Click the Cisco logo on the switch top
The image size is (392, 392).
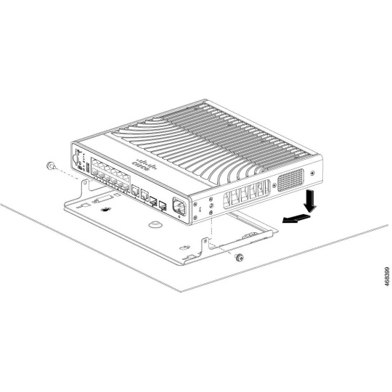point(144,164)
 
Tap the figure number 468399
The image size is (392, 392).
point(387,277)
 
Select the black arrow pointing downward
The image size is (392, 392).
point(310,201)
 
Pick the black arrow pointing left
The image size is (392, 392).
point(296,219)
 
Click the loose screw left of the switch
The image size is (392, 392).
point(51,166)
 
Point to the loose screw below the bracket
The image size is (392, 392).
point(240,257)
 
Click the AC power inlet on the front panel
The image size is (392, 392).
point(179,206)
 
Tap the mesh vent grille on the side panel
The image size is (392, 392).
point(290,179)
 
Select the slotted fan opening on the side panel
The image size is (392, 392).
point(247,194)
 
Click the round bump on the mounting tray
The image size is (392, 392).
point(155,224)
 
